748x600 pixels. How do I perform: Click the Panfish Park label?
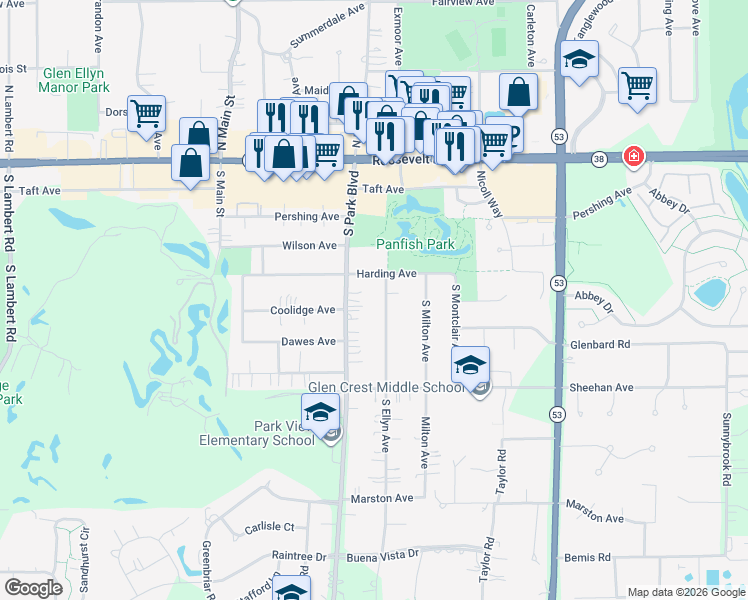pos(415,245)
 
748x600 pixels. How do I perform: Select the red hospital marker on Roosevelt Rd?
pos(632,157)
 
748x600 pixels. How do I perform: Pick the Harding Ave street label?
pos(385,274)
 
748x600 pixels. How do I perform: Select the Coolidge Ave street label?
pos(303,310)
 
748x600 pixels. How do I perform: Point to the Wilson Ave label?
pos(310,245)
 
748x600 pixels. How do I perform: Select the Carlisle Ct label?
pos(269,527)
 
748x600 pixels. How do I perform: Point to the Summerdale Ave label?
pos(328,28)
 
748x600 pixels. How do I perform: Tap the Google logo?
pos(34,588)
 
